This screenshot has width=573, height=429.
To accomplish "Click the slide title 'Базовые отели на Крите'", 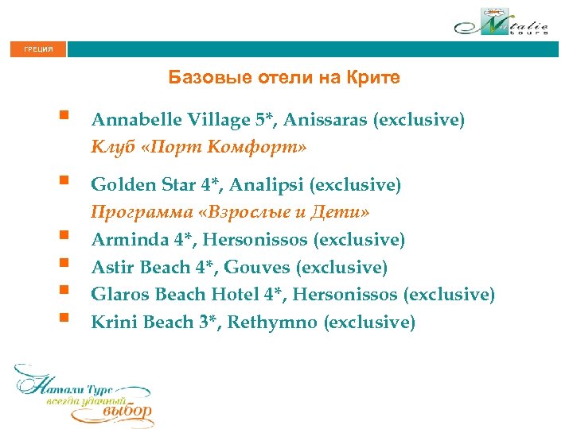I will pos(284,78).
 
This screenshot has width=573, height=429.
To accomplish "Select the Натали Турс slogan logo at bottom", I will pos(84,394).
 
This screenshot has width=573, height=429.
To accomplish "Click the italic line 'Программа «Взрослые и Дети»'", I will pos(230,212).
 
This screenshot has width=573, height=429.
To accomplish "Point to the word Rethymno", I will pos(278,322).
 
